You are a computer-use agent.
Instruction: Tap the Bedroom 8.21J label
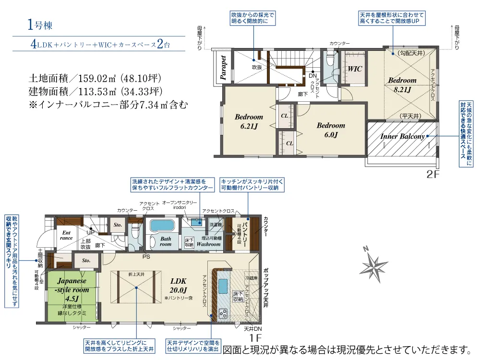tap(402, 84)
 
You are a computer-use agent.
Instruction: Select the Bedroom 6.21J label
tap(249, 121)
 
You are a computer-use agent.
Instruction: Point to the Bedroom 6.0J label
tap(331, 130)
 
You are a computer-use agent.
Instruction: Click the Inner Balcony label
tap(403, 136)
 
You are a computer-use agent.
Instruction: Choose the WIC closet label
tap(355, 69)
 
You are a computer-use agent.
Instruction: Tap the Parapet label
tap(223, 67)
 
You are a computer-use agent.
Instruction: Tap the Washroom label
tap(208, 244)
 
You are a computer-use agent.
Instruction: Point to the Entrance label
tap(66, 235)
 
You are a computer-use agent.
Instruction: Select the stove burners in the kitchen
tap(223, 314)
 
